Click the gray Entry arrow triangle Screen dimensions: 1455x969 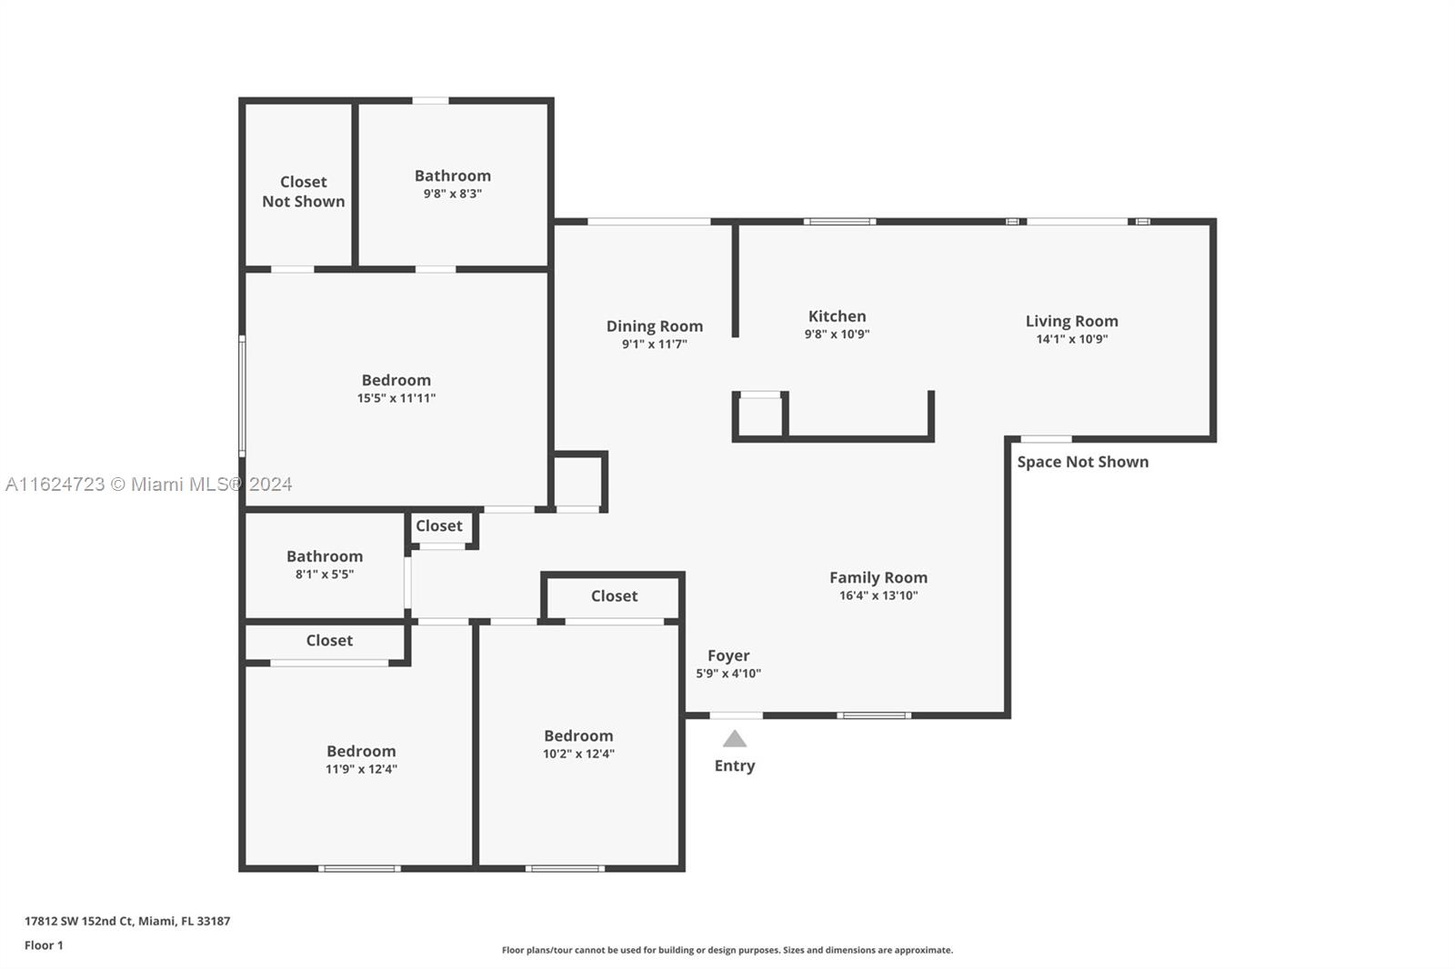[735, 739]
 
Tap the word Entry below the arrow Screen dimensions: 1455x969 [735, 765]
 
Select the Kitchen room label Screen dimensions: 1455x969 [837, 316]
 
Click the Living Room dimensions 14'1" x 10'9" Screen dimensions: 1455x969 [1072, 338]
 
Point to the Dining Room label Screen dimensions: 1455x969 [654, 326]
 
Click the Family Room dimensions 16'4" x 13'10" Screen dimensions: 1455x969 [878, 594]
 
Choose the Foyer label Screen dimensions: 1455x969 [728, 656]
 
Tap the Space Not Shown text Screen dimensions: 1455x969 [1083, 462]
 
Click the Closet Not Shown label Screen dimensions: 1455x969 [304, 192]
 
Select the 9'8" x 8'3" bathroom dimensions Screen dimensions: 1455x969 [453, 194]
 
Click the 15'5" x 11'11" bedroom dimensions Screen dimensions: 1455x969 [396, 398]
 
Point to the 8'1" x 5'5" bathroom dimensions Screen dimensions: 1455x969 [325, 574]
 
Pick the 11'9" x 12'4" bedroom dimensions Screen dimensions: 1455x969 [361, 769]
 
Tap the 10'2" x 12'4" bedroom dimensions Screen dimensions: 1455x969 [578, 754]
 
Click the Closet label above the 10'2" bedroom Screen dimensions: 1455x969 [614, 596]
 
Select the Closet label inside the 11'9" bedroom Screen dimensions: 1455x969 [329, 640]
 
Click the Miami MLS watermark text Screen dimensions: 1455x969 [149, 484]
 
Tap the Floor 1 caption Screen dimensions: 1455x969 [45, 945]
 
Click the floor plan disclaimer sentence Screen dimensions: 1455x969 [727, 950]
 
